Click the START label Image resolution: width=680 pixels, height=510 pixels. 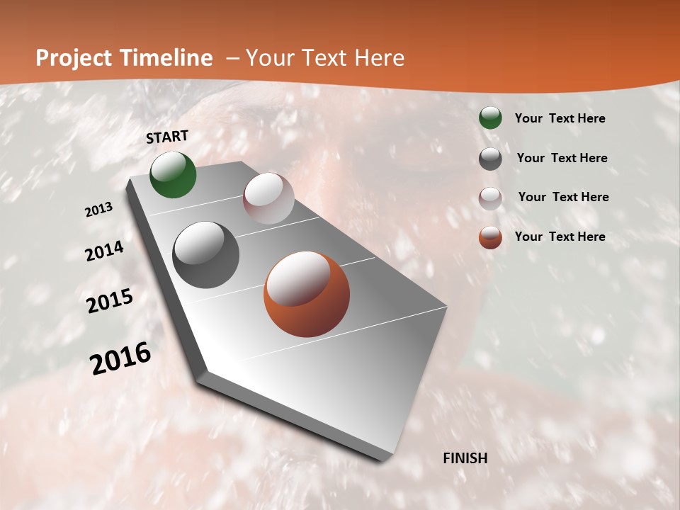pos(167,137)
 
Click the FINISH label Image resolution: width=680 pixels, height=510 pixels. pos(465,458)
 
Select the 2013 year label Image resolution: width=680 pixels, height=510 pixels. pos(99,210)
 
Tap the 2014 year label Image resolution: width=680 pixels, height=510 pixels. pos(105,251)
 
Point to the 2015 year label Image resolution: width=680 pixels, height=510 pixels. pos(110,301)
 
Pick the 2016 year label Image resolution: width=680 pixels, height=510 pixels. pos(120,358)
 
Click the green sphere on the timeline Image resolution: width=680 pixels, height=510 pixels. pos(174,175)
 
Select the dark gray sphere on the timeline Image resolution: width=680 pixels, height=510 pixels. pos(206,255)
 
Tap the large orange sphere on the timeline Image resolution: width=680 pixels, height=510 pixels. pos(307,294)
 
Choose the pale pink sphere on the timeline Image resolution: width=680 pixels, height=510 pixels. pos(268,198)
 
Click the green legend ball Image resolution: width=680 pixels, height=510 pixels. pos(490,118)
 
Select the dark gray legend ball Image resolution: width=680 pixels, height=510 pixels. pos(490,159)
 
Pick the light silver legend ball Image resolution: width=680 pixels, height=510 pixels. pos(490,198)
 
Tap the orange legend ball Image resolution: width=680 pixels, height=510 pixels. pos(490,237)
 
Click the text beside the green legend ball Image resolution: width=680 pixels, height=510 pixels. pos(560,119)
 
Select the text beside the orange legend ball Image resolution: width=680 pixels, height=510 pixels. pos(560,237)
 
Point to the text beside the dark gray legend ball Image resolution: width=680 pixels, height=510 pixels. pos(562,158)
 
